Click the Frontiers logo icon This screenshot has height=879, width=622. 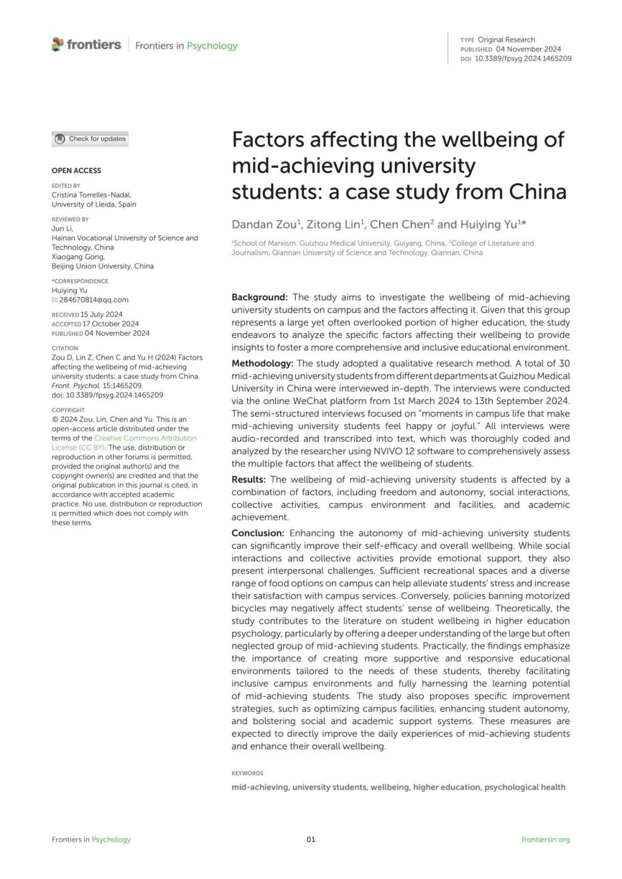pos(58,44)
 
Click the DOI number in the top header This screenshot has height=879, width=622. pos(522,58)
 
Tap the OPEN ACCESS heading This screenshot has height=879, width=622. pos(77,171)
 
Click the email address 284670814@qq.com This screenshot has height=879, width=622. pos(94,299)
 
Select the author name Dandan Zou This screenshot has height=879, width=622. pos(264,224)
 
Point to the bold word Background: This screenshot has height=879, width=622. pos(259,297)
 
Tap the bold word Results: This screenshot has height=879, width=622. pos(248,479)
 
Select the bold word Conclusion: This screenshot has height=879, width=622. pos(258,533)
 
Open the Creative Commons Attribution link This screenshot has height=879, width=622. pos(145,438)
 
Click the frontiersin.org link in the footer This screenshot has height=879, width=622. pos(545,840)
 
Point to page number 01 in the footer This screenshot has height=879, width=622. pos(311,840)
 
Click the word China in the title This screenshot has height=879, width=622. pos(537,192)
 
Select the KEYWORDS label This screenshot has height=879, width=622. pos(247,773)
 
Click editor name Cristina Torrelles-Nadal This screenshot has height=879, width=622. pos(91,195)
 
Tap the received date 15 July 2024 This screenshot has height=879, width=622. pos(101,315)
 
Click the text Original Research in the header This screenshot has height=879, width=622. pos(506,39)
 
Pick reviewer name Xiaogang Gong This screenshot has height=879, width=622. pos(78,256)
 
